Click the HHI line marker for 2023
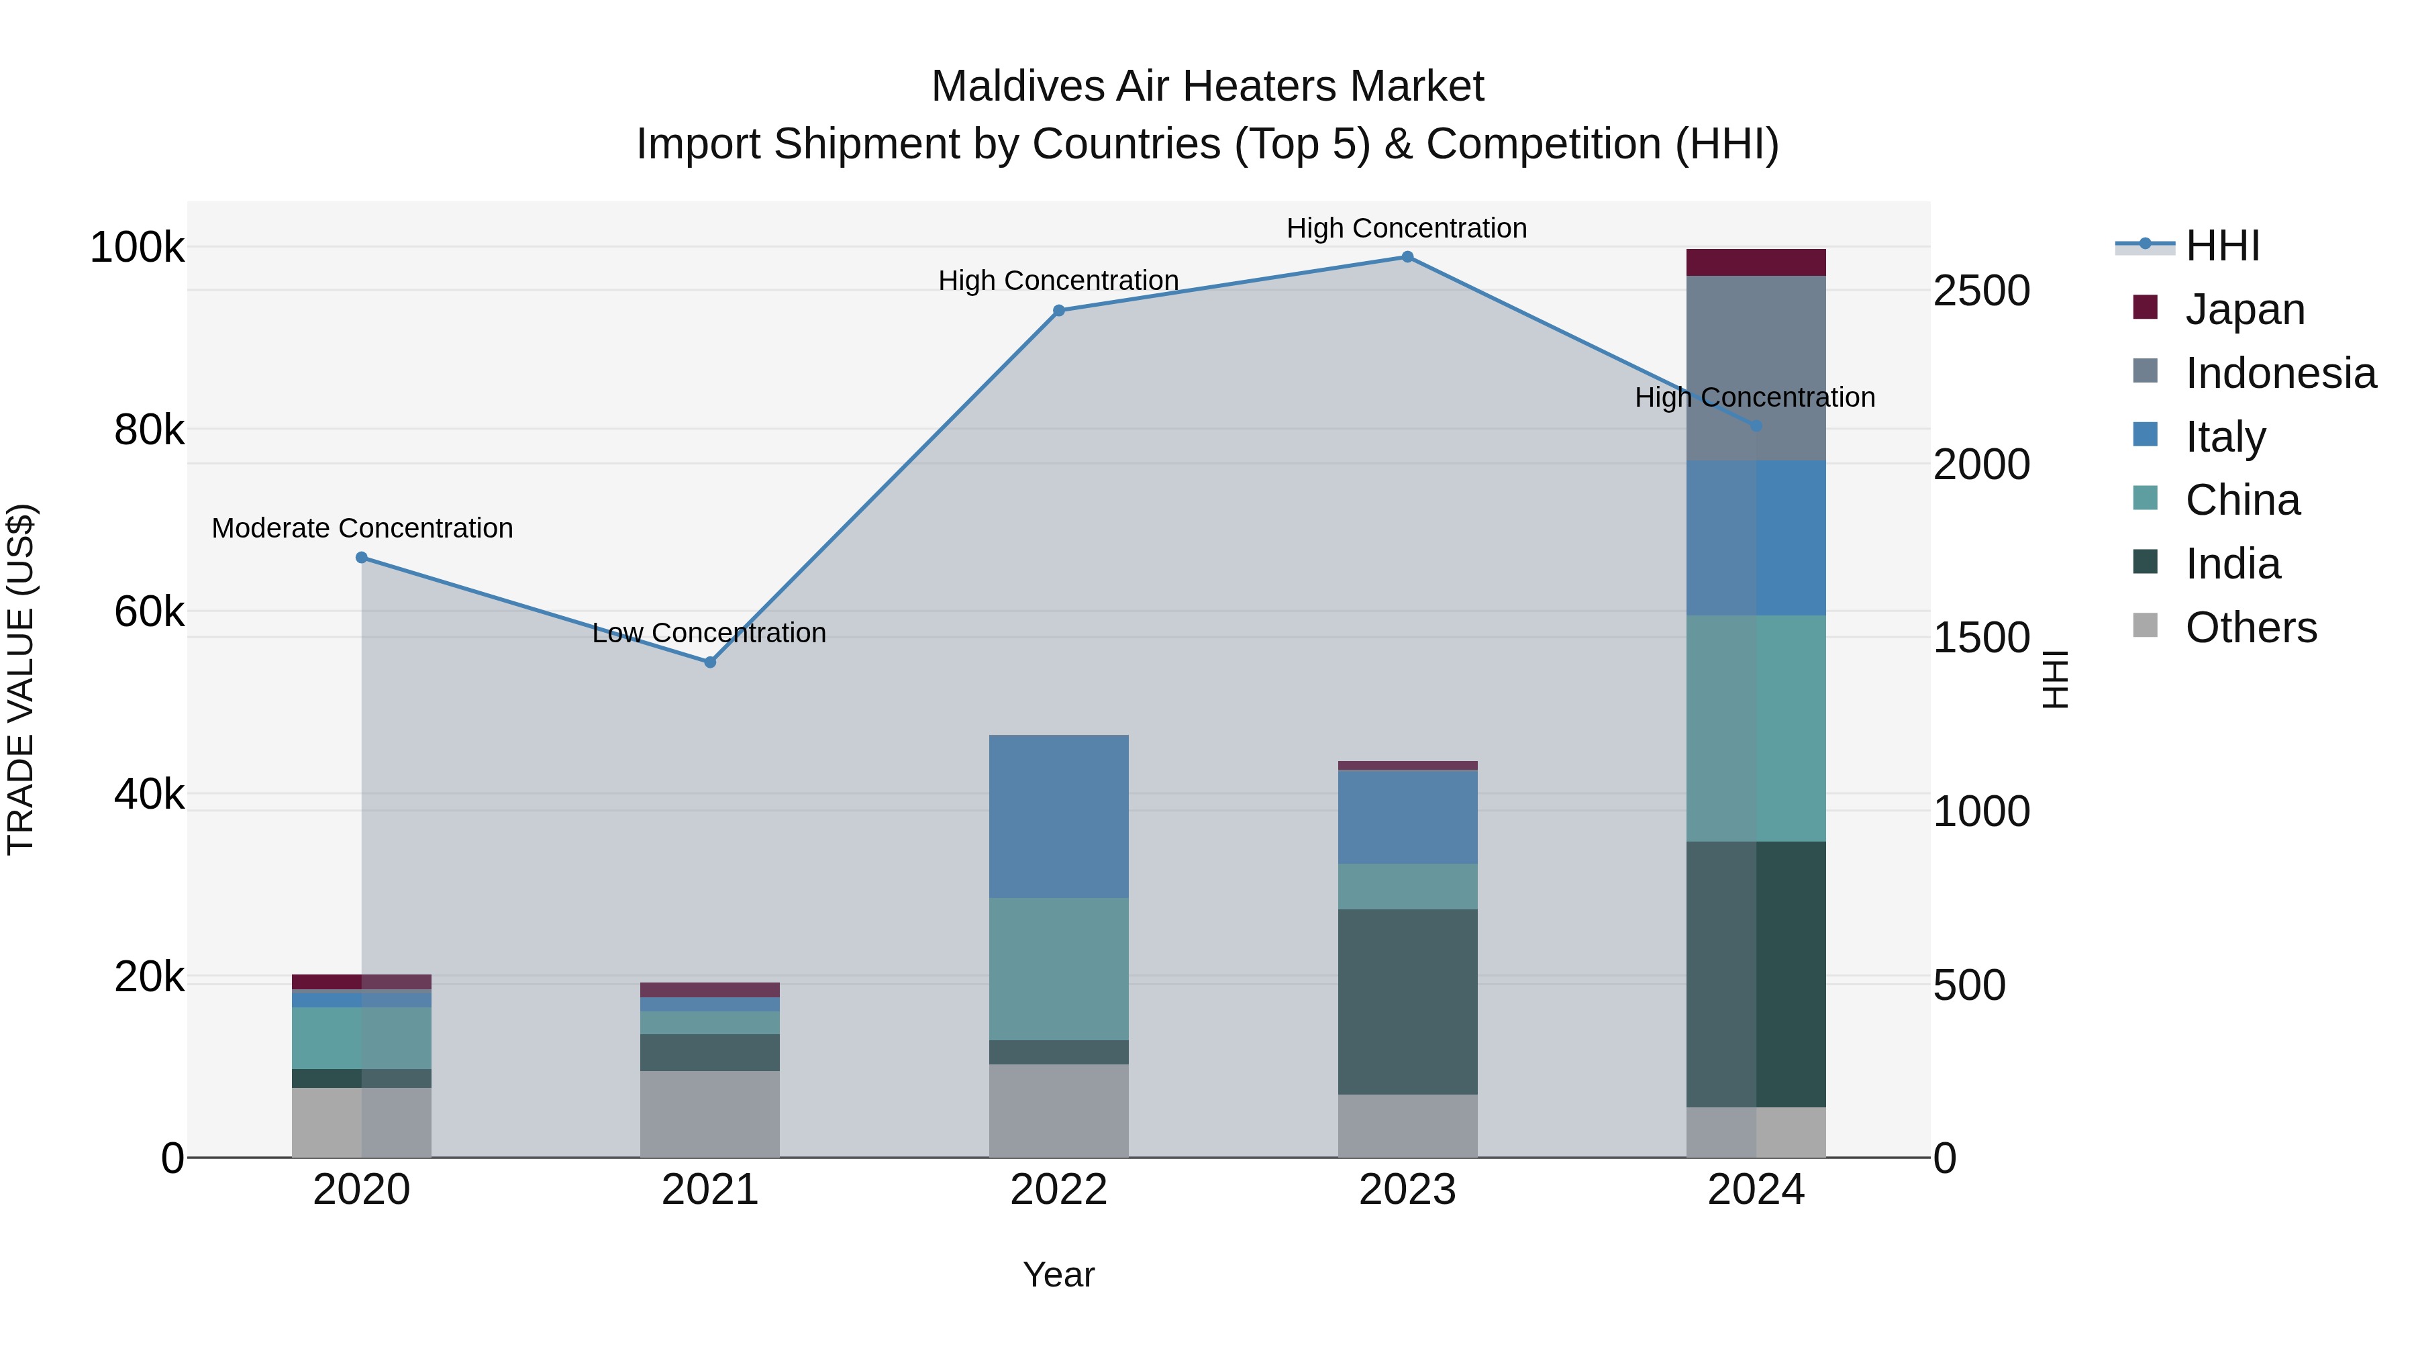pos(1407,257)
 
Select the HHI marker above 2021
pos(710,662)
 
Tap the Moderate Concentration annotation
pos(362,528)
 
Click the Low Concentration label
pos(709,633)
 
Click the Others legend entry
pos(2250,627)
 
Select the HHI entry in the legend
pos(2222,246)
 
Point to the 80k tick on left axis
pos(149,430)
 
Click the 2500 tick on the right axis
pos(1982,291)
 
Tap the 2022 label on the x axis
pos(1059,1190)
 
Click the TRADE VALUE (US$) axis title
pos(21,679)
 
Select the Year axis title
pos(1059,1274)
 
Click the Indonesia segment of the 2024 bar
pos(1756,368)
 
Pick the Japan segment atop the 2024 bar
pos(1756,262)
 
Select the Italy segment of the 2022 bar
pos(1059,816)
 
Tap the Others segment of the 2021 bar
pos(710,1113)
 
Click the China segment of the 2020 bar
pos(362,1038)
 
